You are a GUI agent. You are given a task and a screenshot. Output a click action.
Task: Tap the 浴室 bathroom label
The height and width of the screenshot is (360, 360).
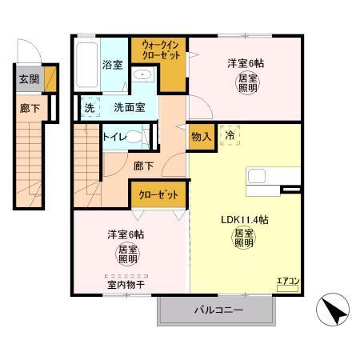click(112, 65)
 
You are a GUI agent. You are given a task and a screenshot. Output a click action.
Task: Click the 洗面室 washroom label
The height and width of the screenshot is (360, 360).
click(129, 107)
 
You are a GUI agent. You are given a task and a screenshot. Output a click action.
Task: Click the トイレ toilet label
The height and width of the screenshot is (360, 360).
click(114, 138)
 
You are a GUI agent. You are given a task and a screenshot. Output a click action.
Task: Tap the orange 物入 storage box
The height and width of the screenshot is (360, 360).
click(201, 137)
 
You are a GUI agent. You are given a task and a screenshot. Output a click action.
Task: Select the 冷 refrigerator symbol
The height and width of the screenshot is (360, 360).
click(230, 137)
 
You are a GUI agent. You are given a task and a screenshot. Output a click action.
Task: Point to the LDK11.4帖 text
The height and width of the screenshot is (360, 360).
click(244, 218)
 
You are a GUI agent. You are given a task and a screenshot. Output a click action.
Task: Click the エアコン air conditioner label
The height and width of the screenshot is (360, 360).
click(288, 280)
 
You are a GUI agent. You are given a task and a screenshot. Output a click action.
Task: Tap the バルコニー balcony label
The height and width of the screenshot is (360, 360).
click(218, 310)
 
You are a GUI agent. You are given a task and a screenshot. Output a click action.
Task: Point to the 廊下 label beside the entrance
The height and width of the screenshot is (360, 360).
click(29, 108)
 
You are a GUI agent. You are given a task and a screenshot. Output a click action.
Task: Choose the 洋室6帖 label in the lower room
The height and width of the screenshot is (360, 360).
click(126, 234)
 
